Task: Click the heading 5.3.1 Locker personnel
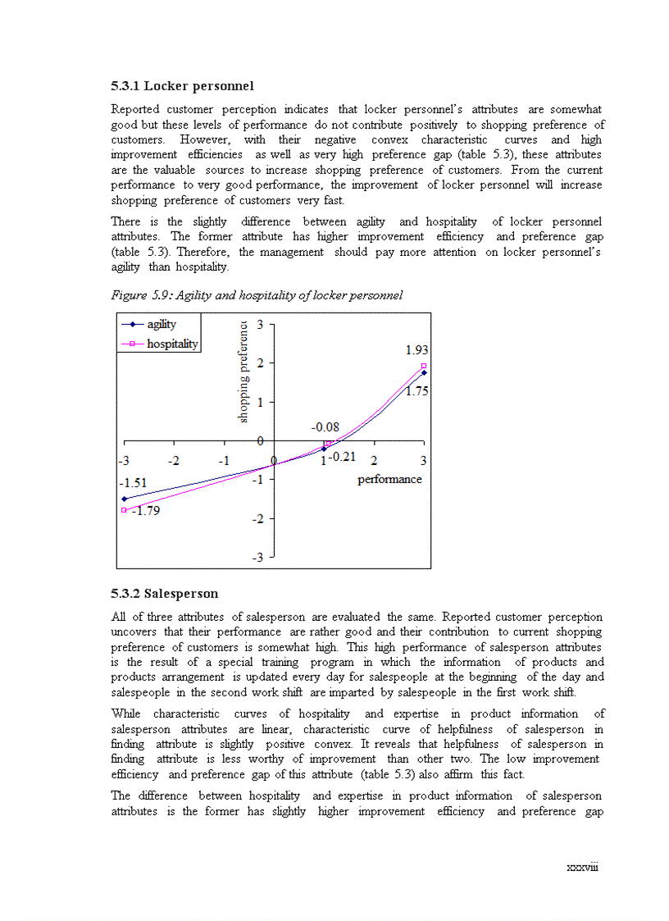point(182,86)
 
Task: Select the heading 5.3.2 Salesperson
point(164,594)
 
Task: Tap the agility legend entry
point(162,325)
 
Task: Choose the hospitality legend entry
point(172,344)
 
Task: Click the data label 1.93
point(416,350)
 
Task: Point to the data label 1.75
point(416,391)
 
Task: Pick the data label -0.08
point(325,427)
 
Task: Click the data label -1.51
point(133,483)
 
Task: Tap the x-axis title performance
point(389,479)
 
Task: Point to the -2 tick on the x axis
point(173,460)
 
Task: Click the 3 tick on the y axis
point(259,325)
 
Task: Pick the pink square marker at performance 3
point(424,366)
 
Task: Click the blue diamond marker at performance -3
point(124,499)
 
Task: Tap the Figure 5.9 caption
point(257,295)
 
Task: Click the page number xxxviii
point(582,867)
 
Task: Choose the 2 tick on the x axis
point(374,460)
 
